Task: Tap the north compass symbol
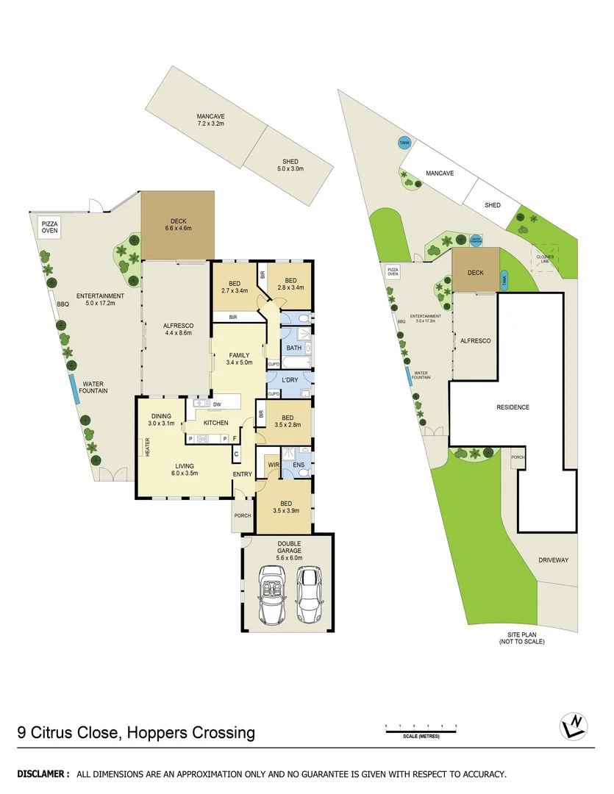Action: coord(574,727)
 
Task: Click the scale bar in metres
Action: coord(421,728)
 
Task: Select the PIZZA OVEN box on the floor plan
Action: coord(49,226)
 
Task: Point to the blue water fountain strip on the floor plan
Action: coord(75,389)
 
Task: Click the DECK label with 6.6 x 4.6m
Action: coord(178,223)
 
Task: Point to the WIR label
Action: coord(272,465)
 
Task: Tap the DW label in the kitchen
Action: coord(217,404)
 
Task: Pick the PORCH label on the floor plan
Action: coord(242,515)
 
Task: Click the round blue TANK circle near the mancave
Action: coord(404,143)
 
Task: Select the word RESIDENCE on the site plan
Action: coord(513,407)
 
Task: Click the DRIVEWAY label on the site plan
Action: coord(553,559)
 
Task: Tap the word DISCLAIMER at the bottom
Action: coord(43,774)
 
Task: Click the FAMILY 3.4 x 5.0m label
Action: coord(238,359)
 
